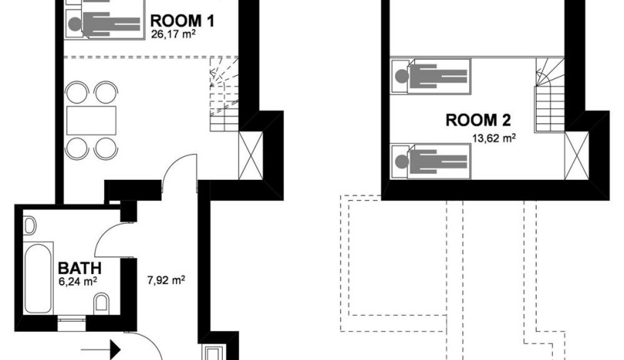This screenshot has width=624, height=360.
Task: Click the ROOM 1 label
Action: click(182, 21)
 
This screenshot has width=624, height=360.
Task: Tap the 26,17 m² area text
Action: click(173, 34)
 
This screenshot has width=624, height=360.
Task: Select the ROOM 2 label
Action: click(478, 120)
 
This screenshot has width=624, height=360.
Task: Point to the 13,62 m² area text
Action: click(495, 138)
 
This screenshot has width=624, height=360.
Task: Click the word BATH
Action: click(80, 268)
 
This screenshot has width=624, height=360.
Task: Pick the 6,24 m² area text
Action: click(78, 282)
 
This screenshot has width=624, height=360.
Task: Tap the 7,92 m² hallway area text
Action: click(166, 280)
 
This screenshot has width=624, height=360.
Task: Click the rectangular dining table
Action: click(91, 121)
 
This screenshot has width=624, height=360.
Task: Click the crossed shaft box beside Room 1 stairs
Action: click(250, 155)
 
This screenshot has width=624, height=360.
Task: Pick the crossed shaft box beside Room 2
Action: click(577, 155)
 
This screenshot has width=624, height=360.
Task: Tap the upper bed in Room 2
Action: click(430, 77)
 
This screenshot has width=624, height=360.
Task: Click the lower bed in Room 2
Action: click(430, 162)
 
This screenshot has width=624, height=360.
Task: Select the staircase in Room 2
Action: click(550, 95)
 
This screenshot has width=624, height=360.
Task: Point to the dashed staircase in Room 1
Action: click(224, 94)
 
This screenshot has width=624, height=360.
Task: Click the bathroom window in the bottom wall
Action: click(72, 323)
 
